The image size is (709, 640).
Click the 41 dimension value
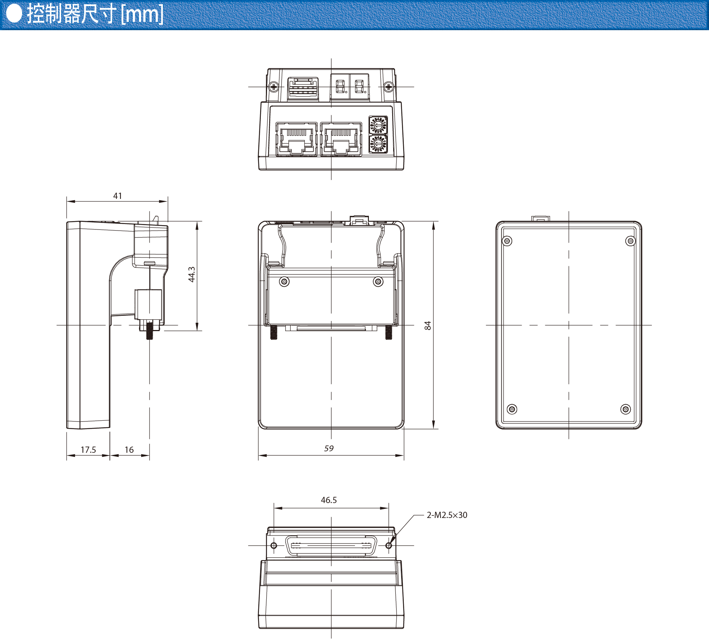(x=117, y=196)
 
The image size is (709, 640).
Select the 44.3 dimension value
(x=192, y=274)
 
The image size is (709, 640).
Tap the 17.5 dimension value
(x=88, y=450)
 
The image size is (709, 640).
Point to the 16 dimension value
(x=129, y=450)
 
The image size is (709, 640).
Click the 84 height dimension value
(x=428, y=326)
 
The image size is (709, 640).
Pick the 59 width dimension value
(x=329, y=448)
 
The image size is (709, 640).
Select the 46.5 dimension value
(x=329, y=500)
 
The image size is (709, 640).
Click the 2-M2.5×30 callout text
(x=447, y=515)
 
